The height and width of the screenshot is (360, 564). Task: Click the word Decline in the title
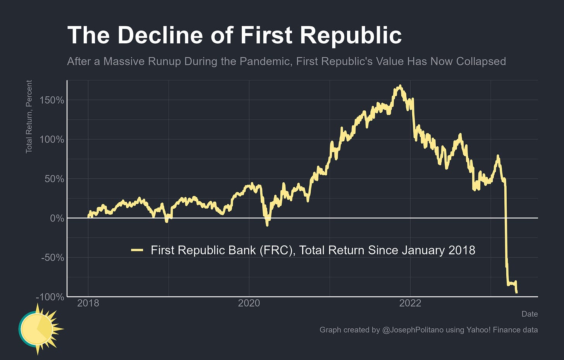coord(160,35)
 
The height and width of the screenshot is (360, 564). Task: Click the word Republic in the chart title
coord(351,35)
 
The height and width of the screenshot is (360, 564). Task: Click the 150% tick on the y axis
coord(52,100)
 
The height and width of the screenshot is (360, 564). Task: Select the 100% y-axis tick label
coord(52,140)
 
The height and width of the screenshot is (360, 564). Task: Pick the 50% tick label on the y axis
coord(54,179)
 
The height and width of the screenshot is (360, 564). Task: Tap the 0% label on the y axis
coord(57,218)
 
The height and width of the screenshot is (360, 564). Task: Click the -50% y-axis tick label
coord(52,258)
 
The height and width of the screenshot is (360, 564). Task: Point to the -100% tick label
coord(50,297)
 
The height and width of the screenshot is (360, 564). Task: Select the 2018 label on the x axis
coord(88,303)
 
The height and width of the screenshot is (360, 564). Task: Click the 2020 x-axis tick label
coord(249,303)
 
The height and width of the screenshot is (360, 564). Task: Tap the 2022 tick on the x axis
coord(410,303)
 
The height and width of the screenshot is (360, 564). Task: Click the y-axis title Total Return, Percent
coord(29,117)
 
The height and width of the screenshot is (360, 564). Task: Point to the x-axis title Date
coord(529,314)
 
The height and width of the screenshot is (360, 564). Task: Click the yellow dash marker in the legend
coord(137,250)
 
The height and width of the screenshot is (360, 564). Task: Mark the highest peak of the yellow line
coord(400,86)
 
